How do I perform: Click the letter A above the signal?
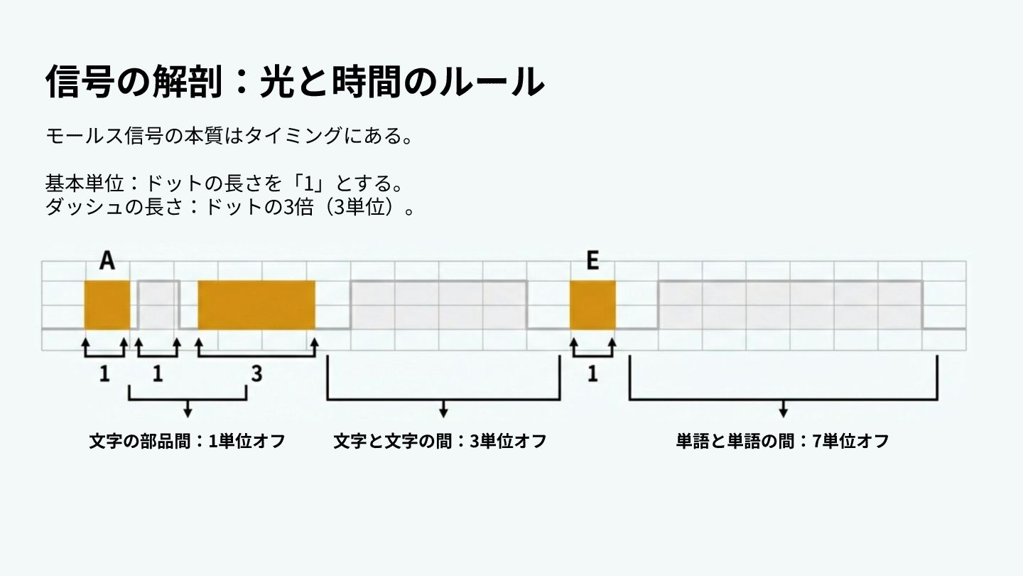pyautogui.click(x=107, y=261)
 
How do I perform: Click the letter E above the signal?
pyautogui.click(x=592, y=261)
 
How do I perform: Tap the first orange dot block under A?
pyautogui.click(x=107, y=305)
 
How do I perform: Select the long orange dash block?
pyautogui.click(x=256, y=305)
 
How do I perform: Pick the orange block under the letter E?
pyautogui.click(x=592, y=305)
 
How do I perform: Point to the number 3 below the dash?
pyautogui.click(x=256, y=373)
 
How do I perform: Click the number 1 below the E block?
pyautogui.click(x=592, y=373)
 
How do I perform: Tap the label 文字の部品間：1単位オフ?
pyautogui.click(x=187, y=441)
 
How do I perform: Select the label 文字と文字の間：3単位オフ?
pyautogui.click(x=440, y=441)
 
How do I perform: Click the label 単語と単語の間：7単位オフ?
pyautogui.click(x=782, y=441)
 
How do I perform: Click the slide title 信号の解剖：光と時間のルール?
pyautogui.click(x=294, y=81)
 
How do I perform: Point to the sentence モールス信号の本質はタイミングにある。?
pyautogui.click(x=229, y=135)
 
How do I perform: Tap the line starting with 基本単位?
pyautogui.click(x=224, y=183)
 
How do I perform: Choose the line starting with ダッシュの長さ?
pyautogui.click(x=229, y=208)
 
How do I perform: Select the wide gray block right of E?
pyautogui.click(x=790, y=305)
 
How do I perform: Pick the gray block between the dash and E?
pyautogui.click(x=438, y=305)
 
